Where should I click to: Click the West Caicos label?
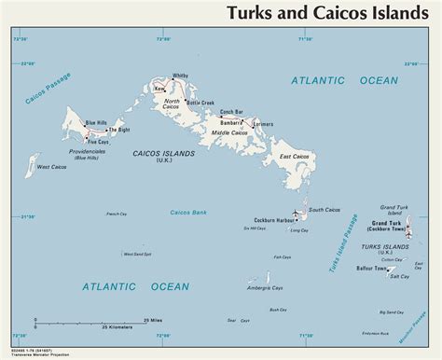48,168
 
